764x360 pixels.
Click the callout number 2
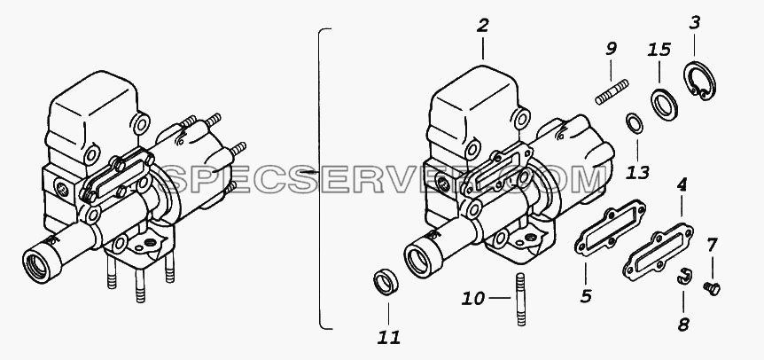click(482, 26)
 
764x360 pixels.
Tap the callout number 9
click(611, 49)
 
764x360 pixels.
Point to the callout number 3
click(694, 23)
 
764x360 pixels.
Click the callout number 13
click(637, 171)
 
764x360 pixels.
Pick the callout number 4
click(682, 185)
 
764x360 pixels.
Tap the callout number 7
click(712, 245)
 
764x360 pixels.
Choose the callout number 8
click(683, 325)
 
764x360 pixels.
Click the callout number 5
click(586, 295)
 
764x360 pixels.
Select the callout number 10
click(472, 298)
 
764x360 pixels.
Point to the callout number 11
click(388, 337)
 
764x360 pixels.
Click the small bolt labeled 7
click(712, 289)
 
